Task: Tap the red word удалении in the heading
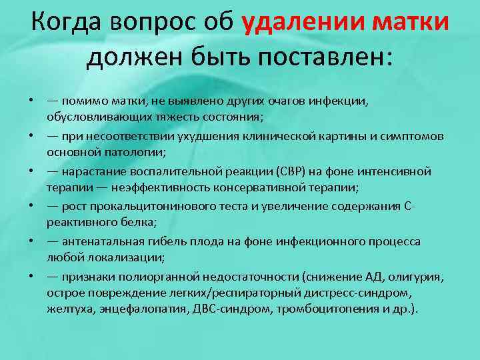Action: point(299,23)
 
